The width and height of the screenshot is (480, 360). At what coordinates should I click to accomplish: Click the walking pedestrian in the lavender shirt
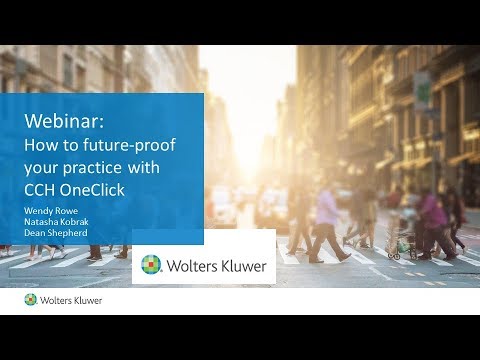click(x=325, y=220)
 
